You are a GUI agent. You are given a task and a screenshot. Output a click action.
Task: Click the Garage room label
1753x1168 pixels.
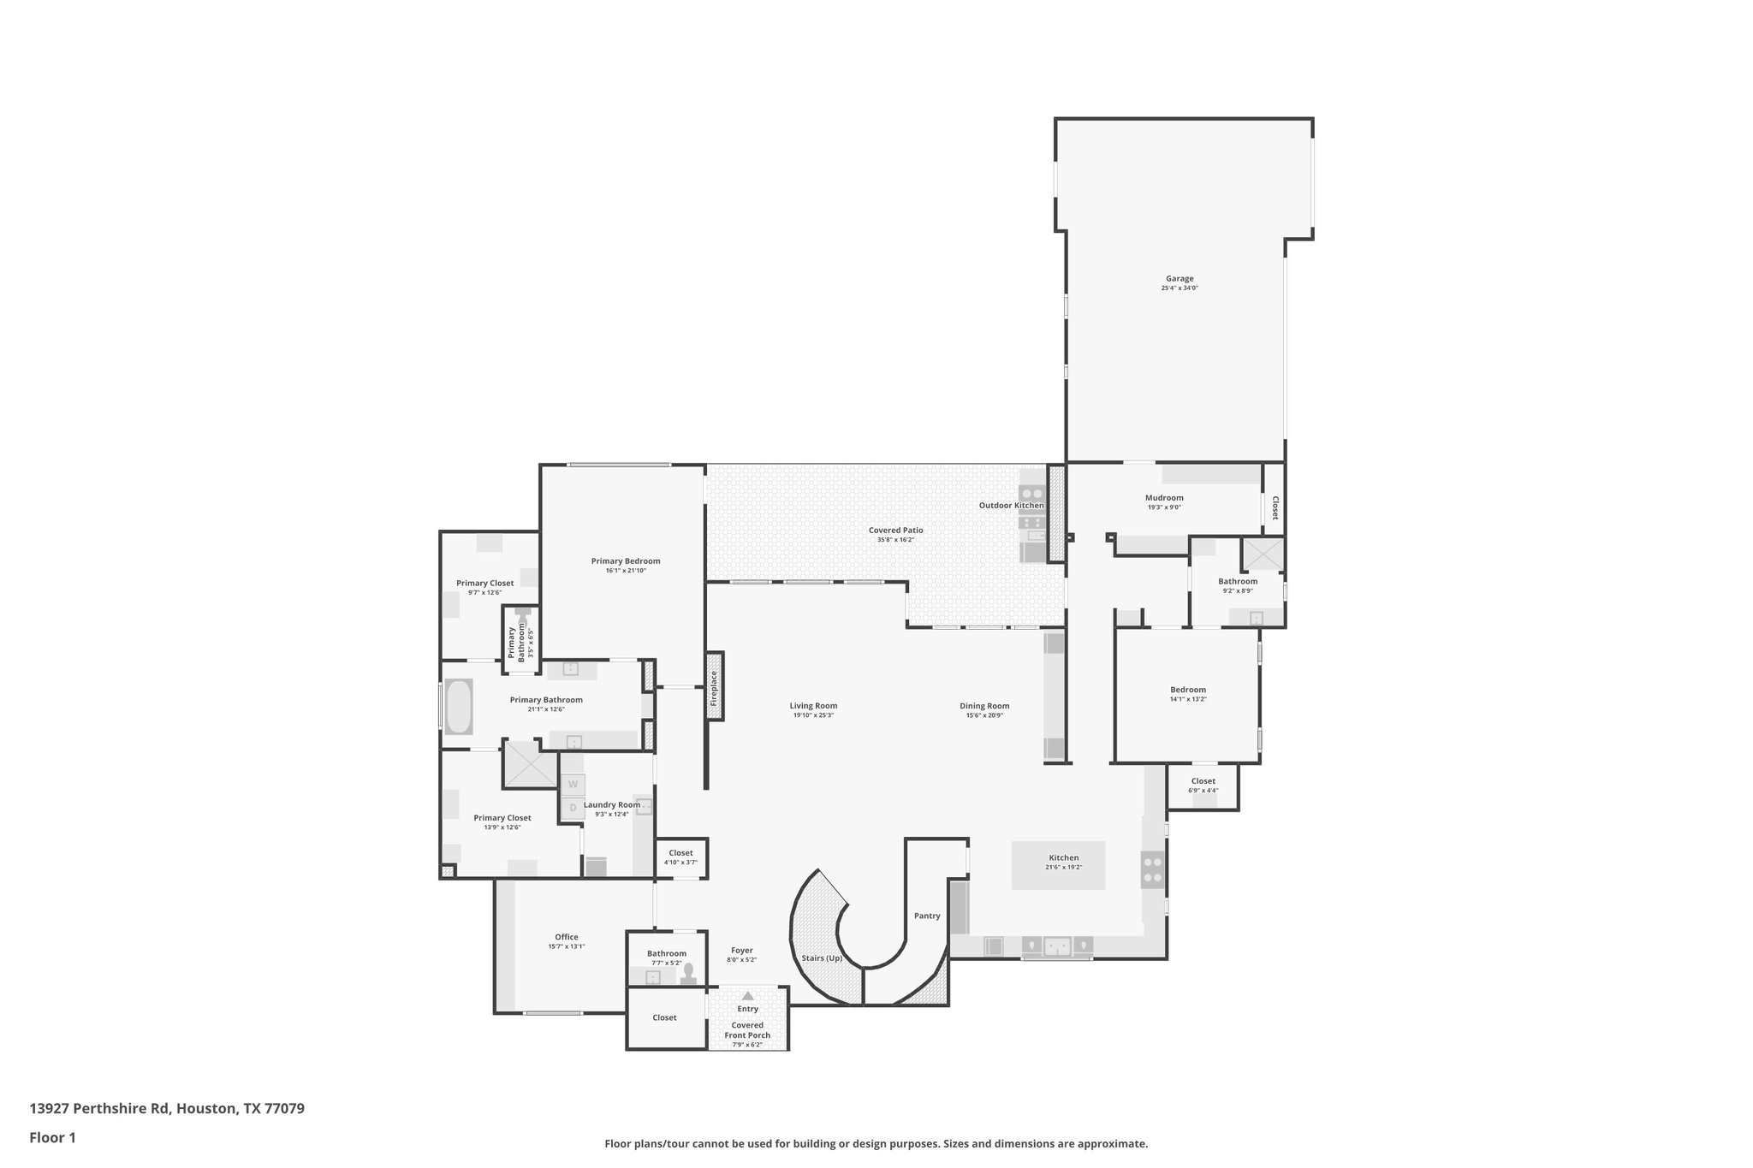(x=1179, y=278)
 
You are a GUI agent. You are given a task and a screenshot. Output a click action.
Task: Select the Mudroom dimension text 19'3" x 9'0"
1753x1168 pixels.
(x=1164, y=507)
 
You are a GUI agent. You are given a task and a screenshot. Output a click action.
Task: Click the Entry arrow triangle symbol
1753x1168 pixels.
(x=747, y=995)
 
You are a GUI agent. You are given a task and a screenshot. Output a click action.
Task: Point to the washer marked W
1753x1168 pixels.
(x=573, y=784)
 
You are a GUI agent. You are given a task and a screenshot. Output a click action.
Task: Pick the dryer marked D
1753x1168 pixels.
(x=573, y=807)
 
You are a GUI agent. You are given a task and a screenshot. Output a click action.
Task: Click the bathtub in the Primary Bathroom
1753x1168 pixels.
(x=459, y=707)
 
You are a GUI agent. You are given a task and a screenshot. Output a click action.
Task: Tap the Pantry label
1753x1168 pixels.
(x=927, y=916)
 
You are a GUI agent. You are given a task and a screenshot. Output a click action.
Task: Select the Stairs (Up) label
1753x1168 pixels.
(x=822, y=958)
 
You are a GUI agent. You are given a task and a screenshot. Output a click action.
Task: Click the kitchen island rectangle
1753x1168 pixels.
(x=1058, y=865)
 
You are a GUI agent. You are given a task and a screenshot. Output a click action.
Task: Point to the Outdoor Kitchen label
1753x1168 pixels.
(x=1011, y=506)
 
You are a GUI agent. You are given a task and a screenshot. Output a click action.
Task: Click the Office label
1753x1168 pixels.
(x=566, y=937)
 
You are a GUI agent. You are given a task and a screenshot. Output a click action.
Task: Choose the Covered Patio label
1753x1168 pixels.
(x=895, y=531)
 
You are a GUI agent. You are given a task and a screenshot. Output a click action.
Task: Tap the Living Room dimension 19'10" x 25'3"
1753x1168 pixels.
(x=813, y=715)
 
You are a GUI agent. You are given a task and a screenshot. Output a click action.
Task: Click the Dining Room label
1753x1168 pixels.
(x=984, y=706)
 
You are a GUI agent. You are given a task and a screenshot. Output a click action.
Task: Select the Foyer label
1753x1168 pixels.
(x=741, y=951)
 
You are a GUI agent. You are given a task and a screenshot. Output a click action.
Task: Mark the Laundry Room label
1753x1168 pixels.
(x=611, y=804)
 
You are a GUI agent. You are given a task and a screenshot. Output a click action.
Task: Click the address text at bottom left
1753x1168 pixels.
(x=167, y=1109)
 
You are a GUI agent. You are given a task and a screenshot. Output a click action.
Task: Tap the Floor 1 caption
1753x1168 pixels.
(x=52, y=1138)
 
